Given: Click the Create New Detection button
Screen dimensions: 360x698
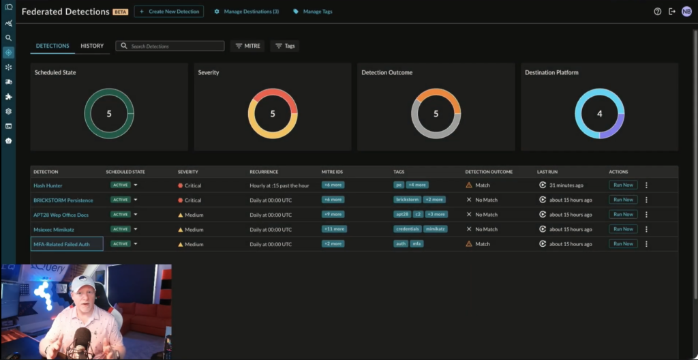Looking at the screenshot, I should coord(168,12).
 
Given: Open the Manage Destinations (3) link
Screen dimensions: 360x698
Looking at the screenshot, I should coord(247,12).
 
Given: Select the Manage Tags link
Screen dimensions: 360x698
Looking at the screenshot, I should coord(313,12).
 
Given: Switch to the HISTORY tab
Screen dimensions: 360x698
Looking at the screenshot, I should coord(92,46).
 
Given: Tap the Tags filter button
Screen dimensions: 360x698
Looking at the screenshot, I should coord(284,46).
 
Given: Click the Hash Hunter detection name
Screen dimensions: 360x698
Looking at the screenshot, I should coord(48,185).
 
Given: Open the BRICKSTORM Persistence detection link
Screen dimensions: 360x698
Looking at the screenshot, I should coord(63,200).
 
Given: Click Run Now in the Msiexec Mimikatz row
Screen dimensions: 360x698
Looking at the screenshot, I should coord(622,229).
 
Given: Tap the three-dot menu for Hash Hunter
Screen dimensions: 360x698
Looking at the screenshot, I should coord(646,185).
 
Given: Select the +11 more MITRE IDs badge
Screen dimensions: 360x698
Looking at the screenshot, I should coord(334,229).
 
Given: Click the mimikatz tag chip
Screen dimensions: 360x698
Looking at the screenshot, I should coord(436,229).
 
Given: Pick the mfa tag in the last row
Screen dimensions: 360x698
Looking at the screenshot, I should coord(416,243).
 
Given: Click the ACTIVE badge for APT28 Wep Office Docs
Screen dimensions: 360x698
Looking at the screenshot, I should coord(121,214).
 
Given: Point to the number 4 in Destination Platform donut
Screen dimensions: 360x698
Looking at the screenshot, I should coord(599,114).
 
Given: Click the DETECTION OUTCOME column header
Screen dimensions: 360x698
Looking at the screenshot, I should coord(489,172).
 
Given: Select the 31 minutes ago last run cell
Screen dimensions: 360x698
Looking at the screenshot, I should coord(566,185).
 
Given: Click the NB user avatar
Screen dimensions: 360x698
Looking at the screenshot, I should coord(686,12).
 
